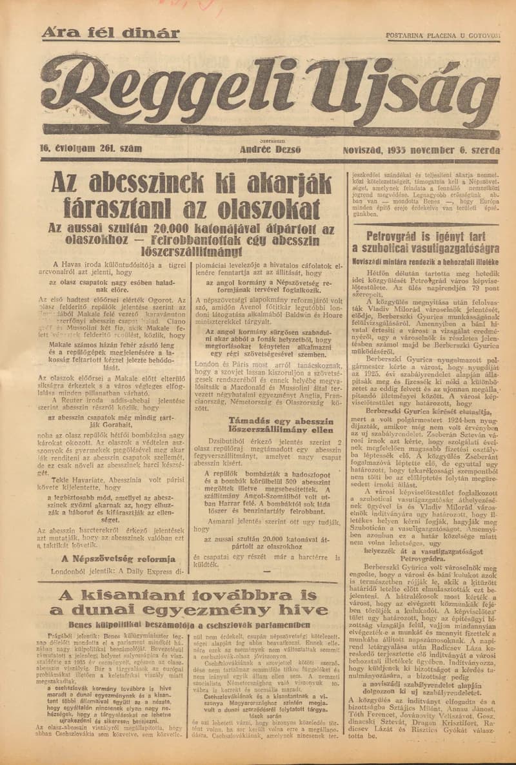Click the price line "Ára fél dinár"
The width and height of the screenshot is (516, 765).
(x=110, y=33)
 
